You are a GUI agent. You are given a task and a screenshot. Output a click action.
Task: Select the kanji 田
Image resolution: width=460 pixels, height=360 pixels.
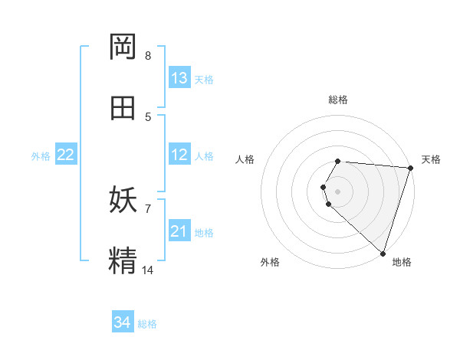click(x=123, y=108)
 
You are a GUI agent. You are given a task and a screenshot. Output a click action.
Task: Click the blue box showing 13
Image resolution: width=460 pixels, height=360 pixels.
click(x=179, y=78)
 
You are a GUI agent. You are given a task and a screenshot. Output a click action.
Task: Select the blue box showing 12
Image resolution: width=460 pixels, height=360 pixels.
click(x=179, y=155)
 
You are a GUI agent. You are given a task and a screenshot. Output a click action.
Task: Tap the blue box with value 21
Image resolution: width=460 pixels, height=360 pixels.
click(x=179, y=231)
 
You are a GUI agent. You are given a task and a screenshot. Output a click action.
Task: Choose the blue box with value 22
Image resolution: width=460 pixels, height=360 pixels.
click(x=66, y=155)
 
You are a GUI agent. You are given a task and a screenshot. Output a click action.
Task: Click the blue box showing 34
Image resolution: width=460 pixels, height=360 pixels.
click(x=123, y=323)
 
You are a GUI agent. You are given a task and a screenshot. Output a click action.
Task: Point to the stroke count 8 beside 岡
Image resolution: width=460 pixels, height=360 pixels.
click(x=148, y=55)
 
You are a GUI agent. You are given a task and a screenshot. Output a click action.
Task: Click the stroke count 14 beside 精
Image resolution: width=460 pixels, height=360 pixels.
click(x=148, y=270)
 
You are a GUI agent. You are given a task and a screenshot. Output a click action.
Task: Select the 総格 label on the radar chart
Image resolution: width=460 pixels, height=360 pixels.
click(x=338, y=100)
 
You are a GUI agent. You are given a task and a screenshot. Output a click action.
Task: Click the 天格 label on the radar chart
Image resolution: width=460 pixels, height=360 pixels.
click(x=431, y=159)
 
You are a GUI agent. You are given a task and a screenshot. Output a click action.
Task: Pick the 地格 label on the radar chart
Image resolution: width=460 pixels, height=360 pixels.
click(x=402, y=262)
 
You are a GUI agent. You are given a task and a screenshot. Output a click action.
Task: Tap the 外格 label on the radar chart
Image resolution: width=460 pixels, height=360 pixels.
click(x=270, y=262)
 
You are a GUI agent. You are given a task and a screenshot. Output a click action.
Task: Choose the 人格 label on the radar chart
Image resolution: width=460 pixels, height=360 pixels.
click(x=245, y=159)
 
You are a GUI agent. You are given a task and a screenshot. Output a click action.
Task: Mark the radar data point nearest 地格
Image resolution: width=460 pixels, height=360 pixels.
click(x=383, y=253)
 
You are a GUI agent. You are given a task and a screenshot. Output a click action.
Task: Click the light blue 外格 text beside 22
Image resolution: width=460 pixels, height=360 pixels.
click(x=41, y=156)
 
